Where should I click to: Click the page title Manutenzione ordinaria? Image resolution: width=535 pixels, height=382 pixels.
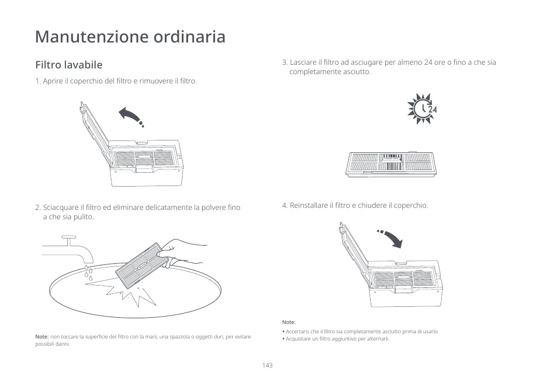click(x=130, y=37)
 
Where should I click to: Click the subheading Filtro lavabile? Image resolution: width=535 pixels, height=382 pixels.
click(x=68, y=65)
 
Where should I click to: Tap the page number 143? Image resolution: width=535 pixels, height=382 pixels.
click(x=267, y=365)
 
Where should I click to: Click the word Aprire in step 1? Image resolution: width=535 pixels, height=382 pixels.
click(x=52, y=81)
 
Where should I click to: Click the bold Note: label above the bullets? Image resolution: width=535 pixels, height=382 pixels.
click(x=289, y=322)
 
